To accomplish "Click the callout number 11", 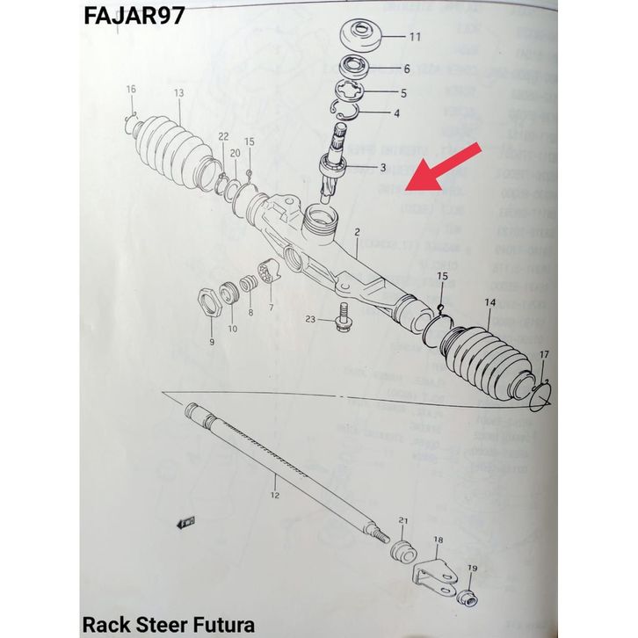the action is coord(415,37).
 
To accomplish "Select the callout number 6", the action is coord(407,69).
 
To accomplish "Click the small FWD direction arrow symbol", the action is coord(187,524).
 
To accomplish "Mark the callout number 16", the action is coord(131,90).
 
